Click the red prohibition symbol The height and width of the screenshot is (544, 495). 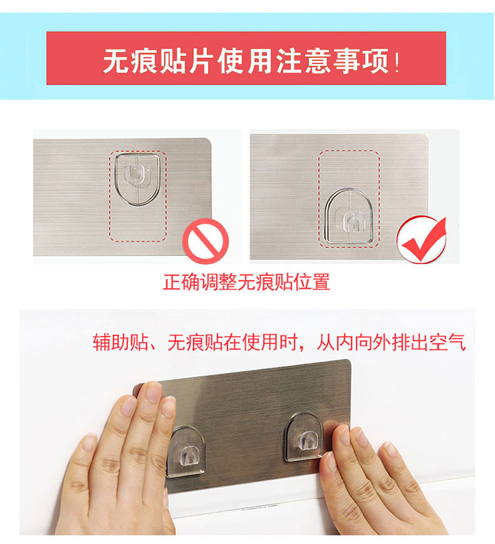[x=206, y=241]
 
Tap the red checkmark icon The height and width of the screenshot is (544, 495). [x=422, y=240]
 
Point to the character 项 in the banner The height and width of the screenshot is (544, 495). [x=376, y=61]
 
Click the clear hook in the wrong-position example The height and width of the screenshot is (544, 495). [x=137, y=179]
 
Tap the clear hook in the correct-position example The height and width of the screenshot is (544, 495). [x=349, y=216]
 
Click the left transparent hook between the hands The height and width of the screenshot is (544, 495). [x=186, y=451]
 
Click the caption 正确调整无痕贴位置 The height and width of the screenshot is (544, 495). [x=247, y=282]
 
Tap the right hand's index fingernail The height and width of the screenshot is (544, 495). [x=344, y=435]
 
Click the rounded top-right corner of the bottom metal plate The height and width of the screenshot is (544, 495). [x=348, y=362]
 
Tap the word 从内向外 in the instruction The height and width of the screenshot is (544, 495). [x=353, y=343]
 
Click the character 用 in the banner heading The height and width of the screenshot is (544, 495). [x=261, y=61]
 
